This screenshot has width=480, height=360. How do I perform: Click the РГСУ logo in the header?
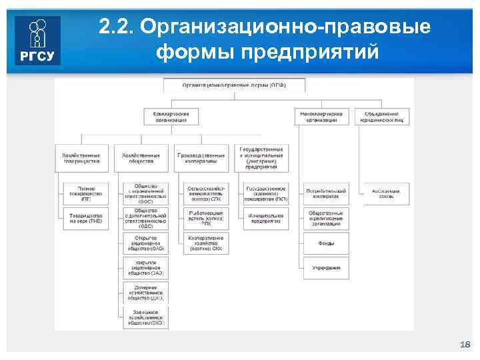click(37, 41)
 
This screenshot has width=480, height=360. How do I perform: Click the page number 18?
click(465, 344)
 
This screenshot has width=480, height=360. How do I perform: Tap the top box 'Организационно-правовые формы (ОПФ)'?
click(235, 85)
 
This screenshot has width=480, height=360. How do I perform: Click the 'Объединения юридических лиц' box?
click(382, 117)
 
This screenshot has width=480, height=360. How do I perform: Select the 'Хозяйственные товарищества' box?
click(81, 157)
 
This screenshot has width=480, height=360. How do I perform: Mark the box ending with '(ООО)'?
click(145, 193)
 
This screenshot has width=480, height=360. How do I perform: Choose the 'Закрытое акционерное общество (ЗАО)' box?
click(145, 267)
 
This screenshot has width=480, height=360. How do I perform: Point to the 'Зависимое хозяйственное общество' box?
click(145, 317)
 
